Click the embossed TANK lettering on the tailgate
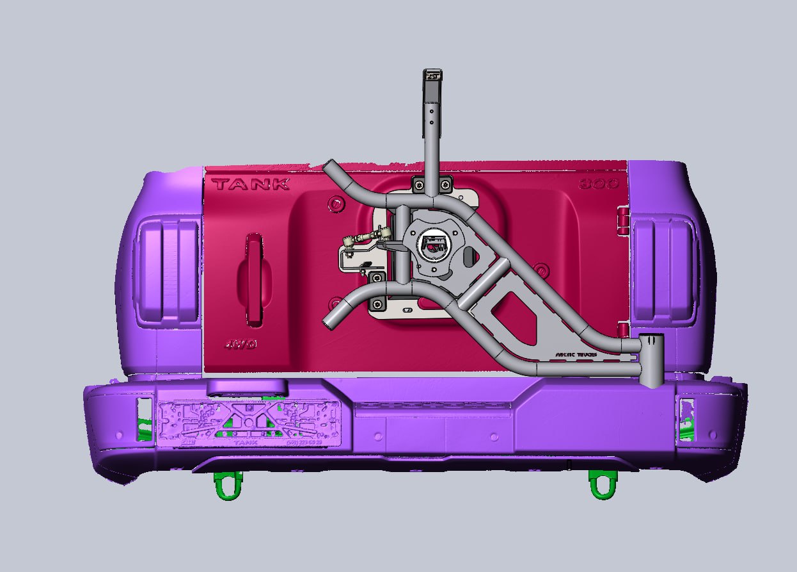click(x=251, y=184)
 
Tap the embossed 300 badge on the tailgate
click(x=599, y=184)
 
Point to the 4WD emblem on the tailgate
click(x=242, y=345)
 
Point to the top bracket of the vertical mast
click(x=433, y=75)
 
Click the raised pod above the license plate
click(x=247, y=387)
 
